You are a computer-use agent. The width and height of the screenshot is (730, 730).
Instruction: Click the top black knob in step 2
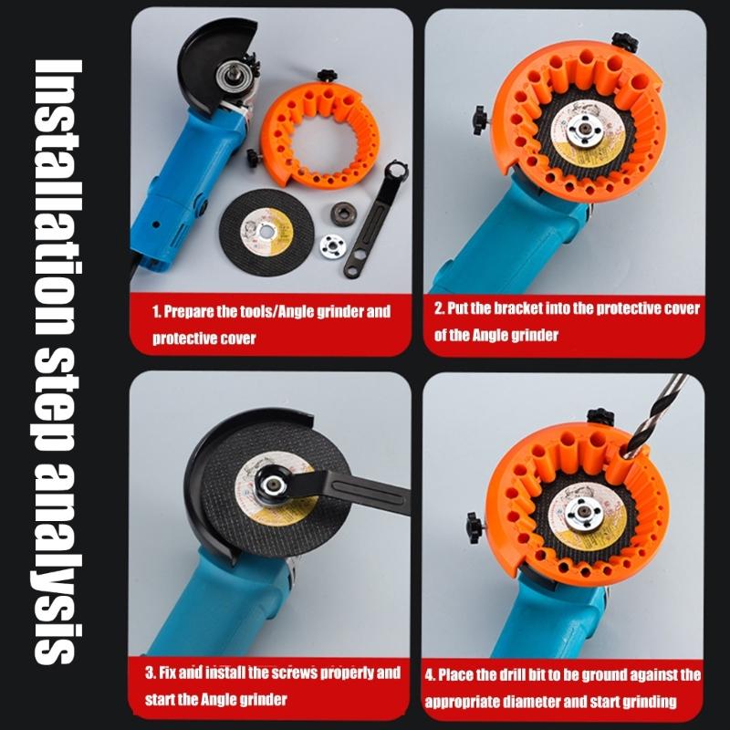click(626, 41)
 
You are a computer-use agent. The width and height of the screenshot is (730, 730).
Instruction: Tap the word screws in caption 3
click(289, 673)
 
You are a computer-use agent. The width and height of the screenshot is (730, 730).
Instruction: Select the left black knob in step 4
click(474, 525)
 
